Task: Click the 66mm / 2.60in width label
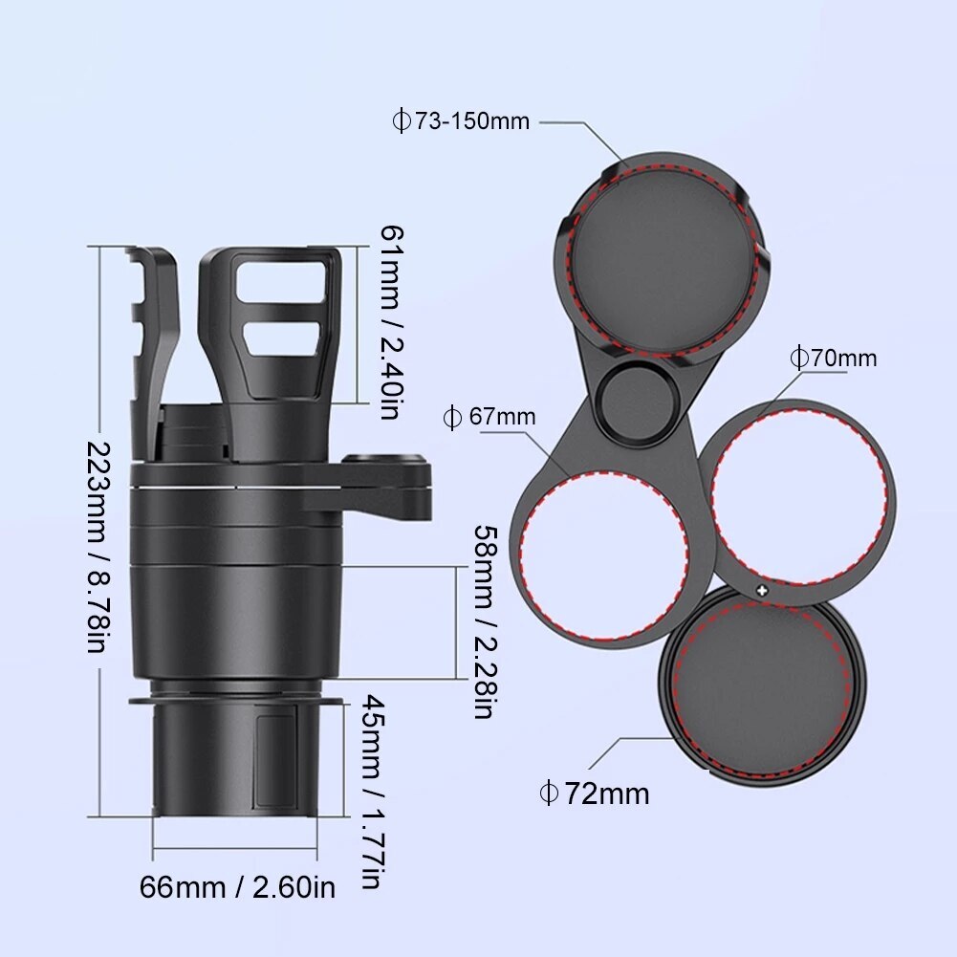point(237,887)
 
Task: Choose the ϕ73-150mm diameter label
point(461,121)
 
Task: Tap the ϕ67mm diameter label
point(489,417)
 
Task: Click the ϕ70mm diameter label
point(832,359)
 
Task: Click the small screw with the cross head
point(762,590)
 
